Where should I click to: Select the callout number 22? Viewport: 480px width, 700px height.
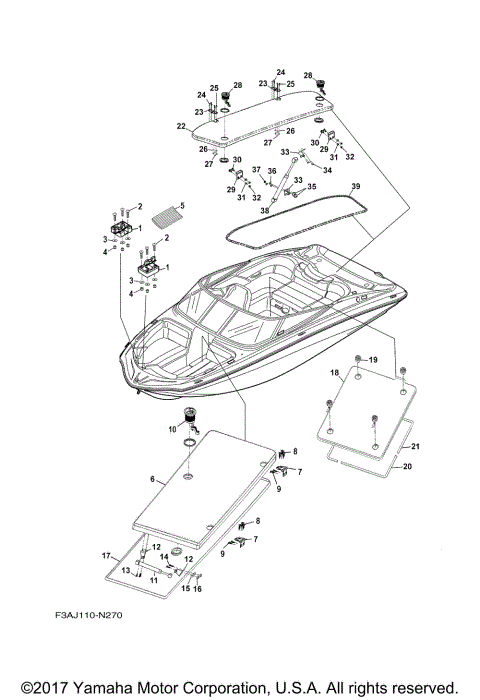coord(181,126)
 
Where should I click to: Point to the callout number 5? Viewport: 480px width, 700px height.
coord(182,207)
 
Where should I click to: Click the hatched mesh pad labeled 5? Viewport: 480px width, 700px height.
coord(166,214)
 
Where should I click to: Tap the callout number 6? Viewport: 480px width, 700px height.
coord(152,480)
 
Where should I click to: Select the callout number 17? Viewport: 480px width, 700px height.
coord(105,555)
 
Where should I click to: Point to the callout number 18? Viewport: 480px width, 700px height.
coord(336,373)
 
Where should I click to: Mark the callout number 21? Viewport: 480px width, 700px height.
coord(414,446)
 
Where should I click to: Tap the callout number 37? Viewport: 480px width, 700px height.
coord(255,170)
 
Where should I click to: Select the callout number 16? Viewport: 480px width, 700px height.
coord(199,591)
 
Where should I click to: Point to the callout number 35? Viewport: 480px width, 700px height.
coord(311,186)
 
